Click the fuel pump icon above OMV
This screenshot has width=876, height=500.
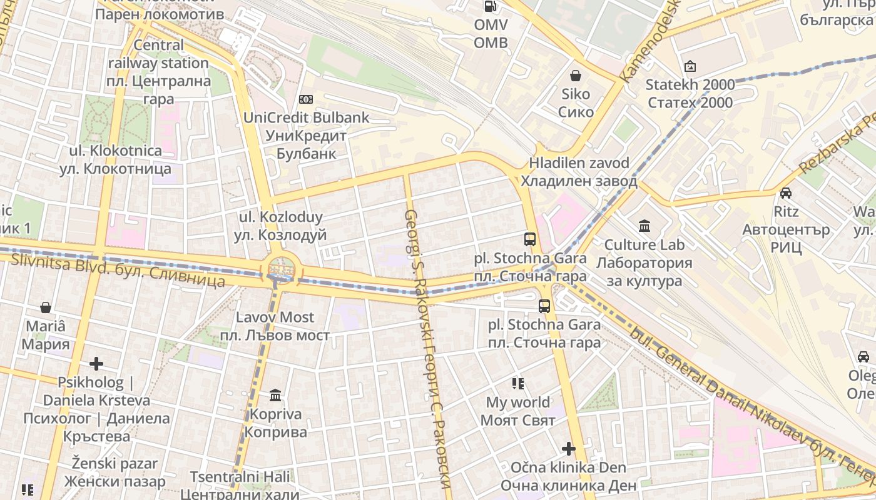click(x=491, y=7)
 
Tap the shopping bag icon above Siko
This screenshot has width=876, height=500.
click(x=575, y=76)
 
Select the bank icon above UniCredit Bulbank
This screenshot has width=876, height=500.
click(x=306, y=99)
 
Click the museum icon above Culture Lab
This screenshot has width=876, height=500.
click(x=644, y=226)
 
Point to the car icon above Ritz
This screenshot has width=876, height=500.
click(x=786, y=192)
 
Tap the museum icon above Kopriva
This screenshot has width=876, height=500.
click(x=275, y=395)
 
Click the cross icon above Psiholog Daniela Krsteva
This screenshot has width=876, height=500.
click(x=96, y=363)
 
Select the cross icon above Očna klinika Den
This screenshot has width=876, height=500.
click(x=568, y=449)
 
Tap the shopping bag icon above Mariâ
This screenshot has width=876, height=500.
click(x=46, y=307)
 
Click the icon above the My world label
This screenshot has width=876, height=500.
click(x=517, y=383)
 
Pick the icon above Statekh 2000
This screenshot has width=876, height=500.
click(x=690, y=66)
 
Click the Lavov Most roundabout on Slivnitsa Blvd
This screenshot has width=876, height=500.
click(x=282, y=269)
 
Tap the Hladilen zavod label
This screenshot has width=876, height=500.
click(x=579, y=172)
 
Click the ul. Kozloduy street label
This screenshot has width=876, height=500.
click(x=280, y=226)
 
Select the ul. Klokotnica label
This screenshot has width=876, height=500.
click(x=115, y=159)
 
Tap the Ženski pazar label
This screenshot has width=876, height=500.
click(x=115, y=472)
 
